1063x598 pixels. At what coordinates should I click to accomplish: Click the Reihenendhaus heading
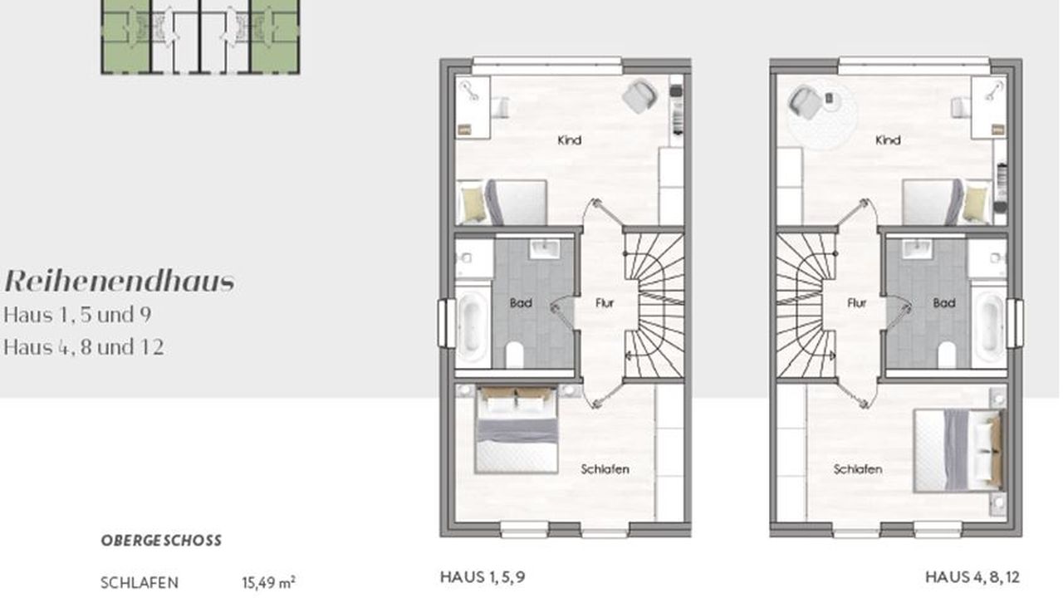point(120,282)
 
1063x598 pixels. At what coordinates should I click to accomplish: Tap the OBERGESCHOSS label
point(161,541)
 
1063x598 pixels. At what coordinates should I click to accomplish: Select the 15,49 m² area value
point(268,582)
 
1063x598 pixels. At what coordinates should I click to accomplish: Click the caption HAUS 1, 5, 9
point(483,577)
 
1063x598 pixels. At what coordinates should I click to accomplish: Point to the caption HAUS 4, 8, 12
point(972,577)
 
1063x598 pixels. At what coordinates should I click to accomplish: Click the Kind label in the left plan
point(570,140)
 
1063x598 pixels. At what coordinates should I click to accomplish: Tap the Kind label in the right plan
point(888,140)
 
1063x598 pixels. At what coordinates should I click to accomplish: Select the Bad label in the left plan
point(521,303)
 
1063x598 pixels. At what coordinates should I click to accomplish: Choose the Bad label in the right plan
point(944,303)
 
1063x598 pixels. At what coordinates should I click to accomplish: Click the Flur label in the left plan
point(605,303)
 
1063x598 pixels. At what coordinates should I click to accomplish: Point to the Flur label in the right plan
point(857,303)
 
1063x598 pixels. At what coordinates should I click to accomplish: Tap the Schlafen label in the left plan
point(605,469)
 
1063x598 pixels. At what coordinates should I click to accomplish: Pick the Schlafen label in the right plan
point(858,469)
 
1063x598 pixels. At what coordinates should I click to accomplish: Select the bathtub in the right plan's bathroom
point(989,324)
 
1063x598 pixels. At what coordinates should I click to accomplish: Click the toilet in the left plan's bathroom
point(514,355)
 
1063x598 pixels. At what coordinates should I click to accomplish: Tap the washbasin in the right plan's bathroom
point(918,248)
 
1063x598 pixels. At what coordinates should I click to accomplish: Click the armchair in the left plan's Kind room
point(639,96)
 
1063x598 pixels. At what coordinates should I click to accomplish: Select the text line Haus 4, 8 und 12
point(84,347)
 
